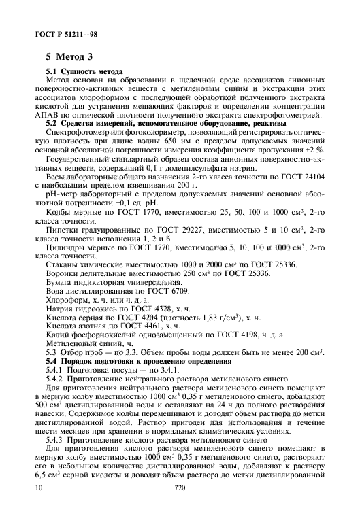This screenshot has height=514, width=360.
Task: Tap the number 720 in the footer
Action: (x=180, y=506)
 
